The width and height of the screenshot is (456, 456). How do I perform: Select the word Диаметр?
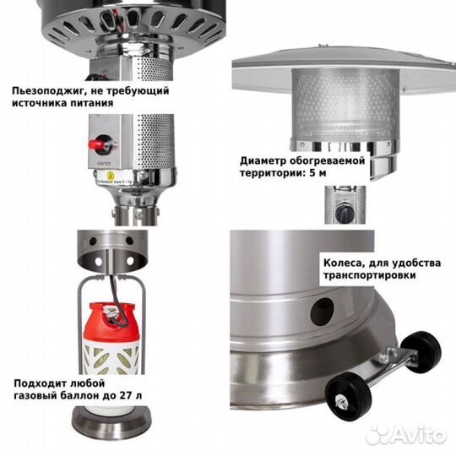(263, 161)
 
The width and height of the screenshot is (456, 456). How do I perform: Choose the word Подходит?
(40, 381)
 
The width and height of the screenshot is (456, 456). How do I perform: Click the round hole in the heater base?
(321, 311)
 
